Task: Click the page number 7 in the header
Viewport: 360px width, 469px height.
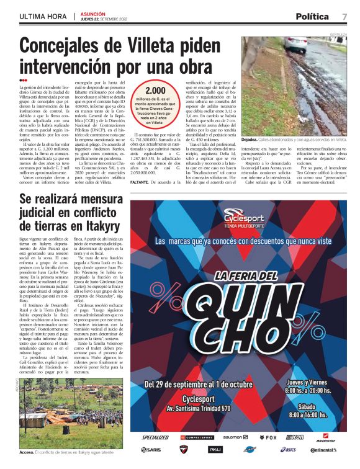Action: (x=344, y=16)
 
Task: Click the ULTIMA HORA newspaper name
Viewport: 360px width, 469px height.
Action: (x=42, y=15)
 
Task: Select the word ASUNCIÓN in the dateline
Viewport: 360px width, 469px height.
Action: (x=92, y=12)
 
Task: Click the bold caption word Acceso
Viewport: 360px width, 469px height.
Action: (x=27, y=452)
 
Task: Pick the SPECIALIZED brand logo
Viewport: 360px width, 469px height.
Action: (x=155, y=437)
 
